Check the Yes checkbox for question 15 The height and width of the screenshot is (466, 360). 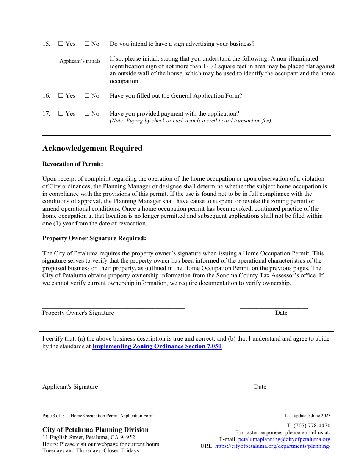click(x=61, y=44)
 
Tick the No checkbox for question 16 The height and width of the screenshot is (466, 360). click(x=87, y=96)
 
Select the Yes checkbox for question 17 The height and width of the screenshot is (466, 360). click(x=61, y=114)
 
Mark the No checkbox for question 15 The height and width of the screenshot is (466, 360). click(x=87, y=44)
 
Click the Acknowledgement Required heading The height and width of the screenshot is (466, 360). click(x=92, y=149)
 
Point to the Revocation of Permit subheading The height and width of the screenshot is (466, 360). click(x=72, y=164)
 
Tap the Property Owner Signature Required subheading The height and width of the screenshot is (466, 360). click(x=94, y=238)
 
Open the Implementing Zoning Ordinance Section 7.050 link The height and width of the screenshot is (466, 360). click(x=157, y=346)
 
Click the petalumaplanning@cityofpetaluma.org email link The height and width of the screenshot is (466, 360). click(x=284, y=439)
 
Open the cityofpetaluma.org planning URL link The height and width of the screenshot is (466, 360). click(x=272, y=446)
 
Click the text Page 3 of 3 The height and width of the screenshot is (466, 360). click(x=53, y=416)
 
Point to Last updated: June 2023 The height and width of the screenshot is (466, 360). click(x=307, y=416)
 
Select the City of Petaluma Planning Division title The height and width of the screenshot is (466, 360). click(x=95, y=430)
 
